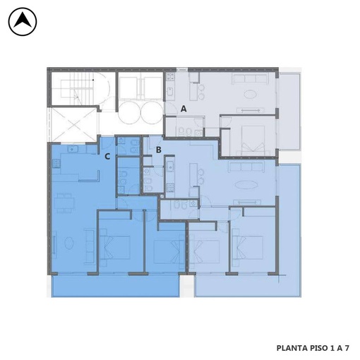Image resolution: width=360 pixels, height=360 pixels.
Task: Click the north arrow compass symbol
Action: tap(23, 21)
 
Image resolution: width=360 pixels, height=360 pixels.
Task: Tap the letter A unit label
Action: tap(184, 109)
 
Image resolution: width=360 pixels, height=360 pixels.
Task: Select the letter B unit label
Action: tap(159, 150)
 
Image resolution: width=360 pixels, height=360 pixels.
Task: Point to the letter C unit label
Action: tap(107, 156)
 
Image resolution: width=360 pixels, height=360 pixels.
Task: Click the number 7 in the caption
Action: tap(347, 348)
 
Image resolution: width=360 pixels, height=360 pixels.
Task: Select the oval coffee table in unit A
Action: tap(250, 95)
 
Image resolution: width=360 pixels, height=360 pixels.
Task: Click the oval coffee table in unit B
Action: tap(245, 184)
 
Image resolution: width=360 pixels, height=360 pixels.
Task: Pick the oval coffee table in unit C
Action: tap(68, 243)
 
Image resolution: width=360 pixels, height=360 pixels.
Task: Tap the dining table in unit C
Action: tap(64, 203)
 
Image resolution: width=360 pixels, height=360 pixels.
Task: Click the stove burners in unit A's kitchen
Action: tap(170, 76)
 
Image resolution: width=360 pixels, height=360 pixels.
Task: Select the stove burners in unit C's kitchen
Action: tap(56, 163)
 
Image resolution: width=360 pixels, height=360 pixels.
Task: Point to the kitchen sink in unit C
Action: tap(73, 149)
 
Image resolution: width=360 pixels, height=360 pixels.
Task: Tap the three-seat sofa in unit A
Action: tap(251, 79)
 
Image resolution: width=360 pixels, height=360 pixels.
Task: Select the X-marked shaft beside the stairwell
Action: tap(73, 125)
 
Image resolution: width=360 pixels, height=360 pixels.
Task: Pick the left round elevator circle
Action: tap(129, 112)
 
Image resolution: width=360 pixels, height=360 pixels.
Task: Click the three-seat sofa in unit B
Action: tap(246, 167)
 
